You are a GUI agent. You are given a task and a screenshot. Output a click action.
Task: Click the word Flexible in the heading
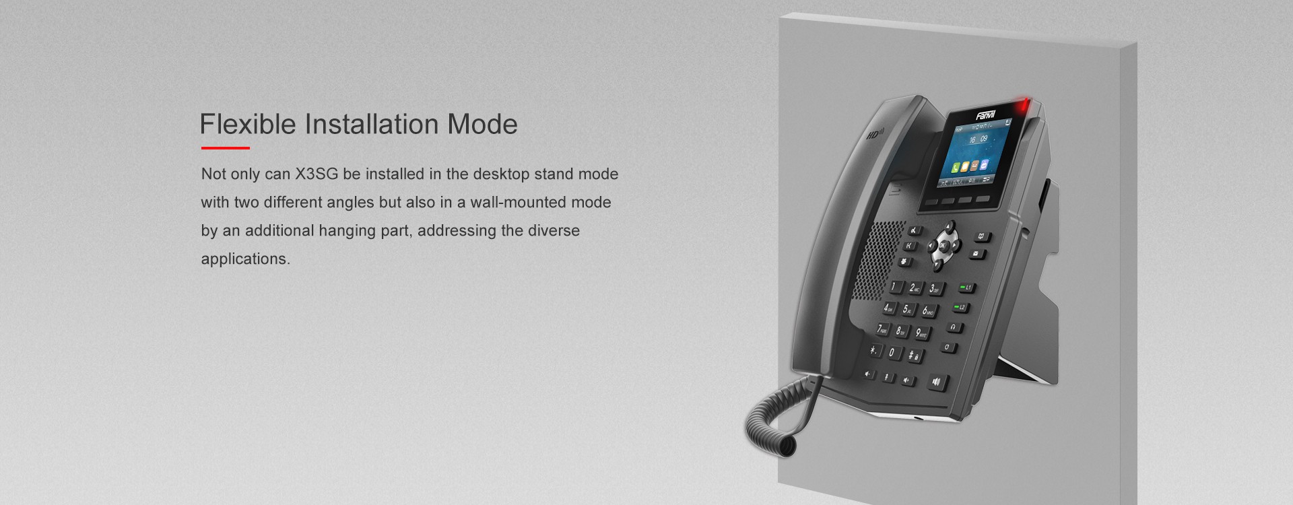(248, 125)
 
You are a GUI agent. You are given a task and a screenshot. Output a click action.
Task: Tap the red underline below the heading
(225, 148)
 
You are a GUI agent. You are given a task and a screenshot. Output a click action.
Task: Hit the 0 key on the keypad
(892, 352)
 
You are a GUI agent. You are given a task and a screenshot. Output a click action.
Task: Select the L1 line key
(965, 288)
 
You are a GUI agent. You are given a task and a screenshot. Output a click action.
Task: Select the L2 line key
(960, 308)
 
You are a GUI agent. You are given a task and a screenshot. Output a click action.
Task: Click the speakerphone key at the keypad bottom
(936, 382)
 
